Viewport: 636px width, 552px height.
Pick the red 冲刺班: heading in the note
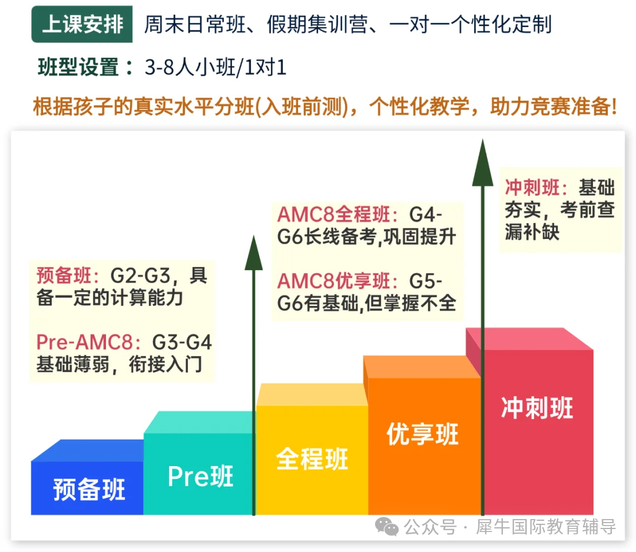[x=537, y=188]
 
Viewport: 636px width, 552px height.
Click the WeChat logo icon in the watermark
[x=387, y=526]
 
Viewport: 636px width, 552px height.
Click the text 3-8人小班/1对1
[x=215, y=68]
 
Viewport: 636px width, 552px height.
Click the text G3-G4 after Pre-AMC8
[x=182, y=342]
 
